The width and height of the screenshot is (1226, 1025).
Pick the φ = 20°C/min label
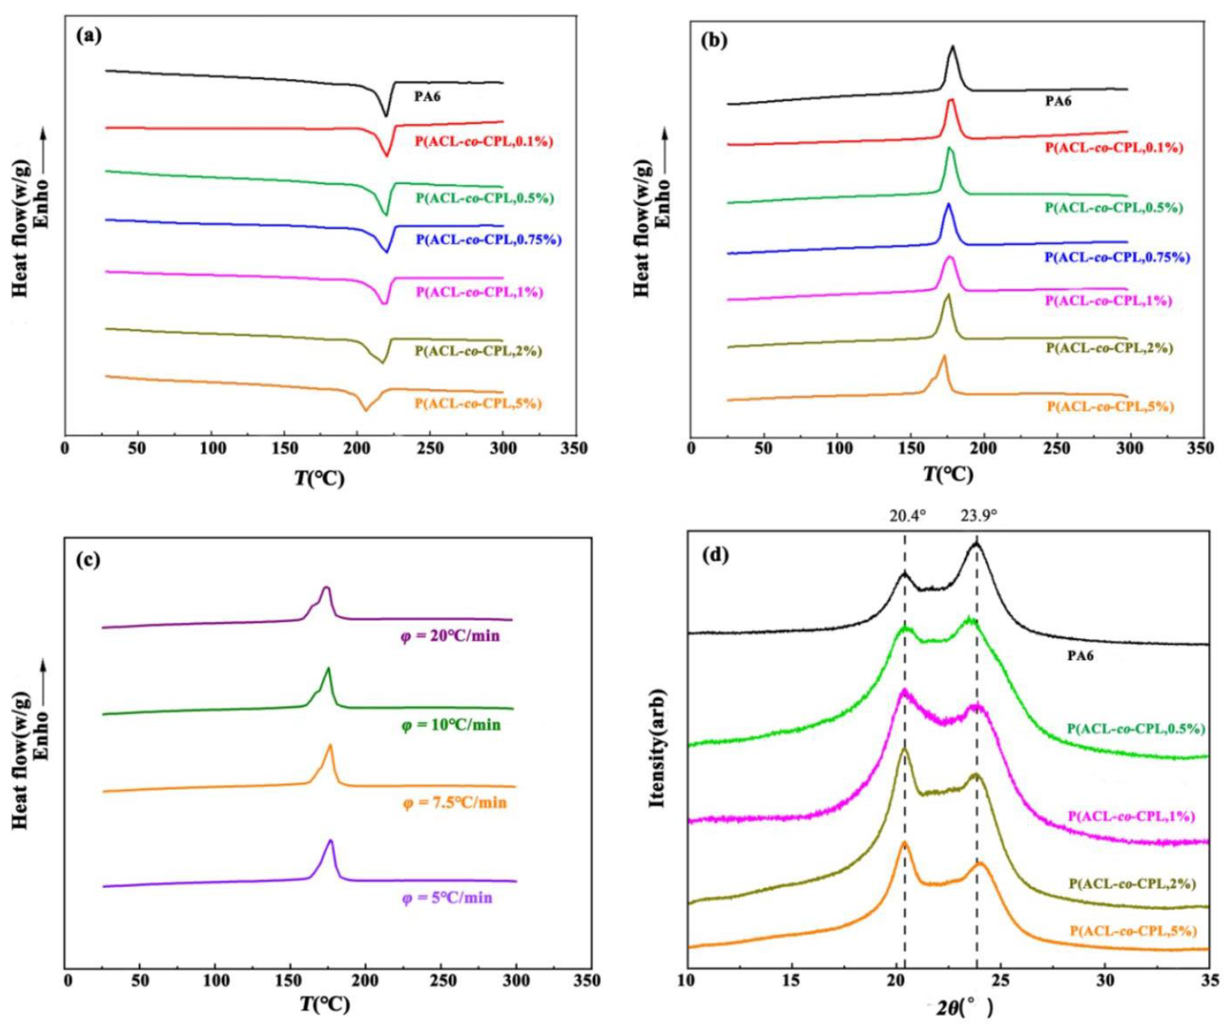(450, 636)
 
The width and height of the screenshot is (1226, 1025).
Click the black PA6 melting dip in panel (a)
(385, 116)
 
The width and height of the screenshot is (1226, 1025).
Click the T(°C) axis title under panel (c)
(325, 1004)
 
